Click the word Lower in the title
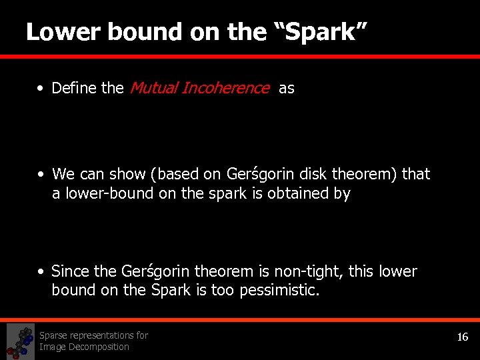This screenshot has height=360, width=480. [x=57, y=32]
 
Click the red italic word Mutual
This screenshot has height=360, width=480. [x=153, y=88]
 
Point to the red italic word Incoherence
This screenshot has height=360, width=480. [x=225, y=88]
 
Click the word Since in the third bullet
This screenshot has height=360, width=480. [x=70, y=272]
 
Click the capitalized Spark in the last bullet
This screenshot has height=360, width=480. [x=171, y=291]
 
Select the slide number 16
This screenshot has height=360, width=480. [x=462, y=337]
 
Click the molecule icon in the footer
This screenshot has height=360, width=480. [x=20, y=341]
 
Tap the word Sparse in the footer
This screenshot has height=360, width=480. [x=55, y=335]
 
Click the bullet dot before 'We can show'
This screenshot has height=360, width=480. [x=41, y=175]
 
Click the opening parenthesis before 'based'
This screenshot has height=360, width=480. [x=153, y=175]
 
